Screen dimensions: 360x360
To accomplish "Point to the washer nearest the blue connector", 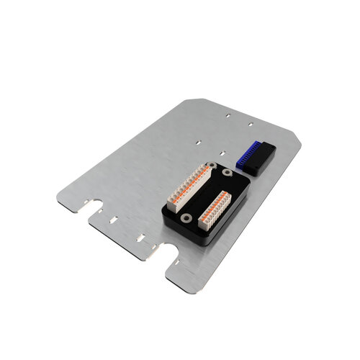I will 228,173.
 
